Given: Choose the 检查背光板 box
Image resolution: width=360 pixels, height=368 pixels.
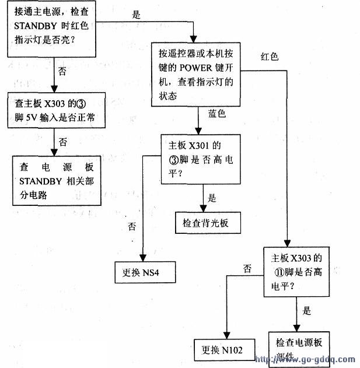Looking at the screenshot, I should coord(207,222).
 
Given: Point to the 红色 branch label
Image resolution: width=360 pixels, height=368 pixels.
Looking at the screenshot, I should coord(270,57).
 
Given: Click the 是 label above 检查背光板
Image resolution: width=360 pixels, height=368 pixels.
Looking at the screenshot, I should coord(212,197).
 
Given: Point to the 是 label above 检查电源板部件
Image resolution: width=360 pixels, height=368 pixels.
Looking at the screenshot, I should coord(307,311).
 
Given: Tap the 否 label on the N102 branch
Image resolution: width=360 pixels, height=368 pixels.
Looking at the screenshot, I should coord(247,269).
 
